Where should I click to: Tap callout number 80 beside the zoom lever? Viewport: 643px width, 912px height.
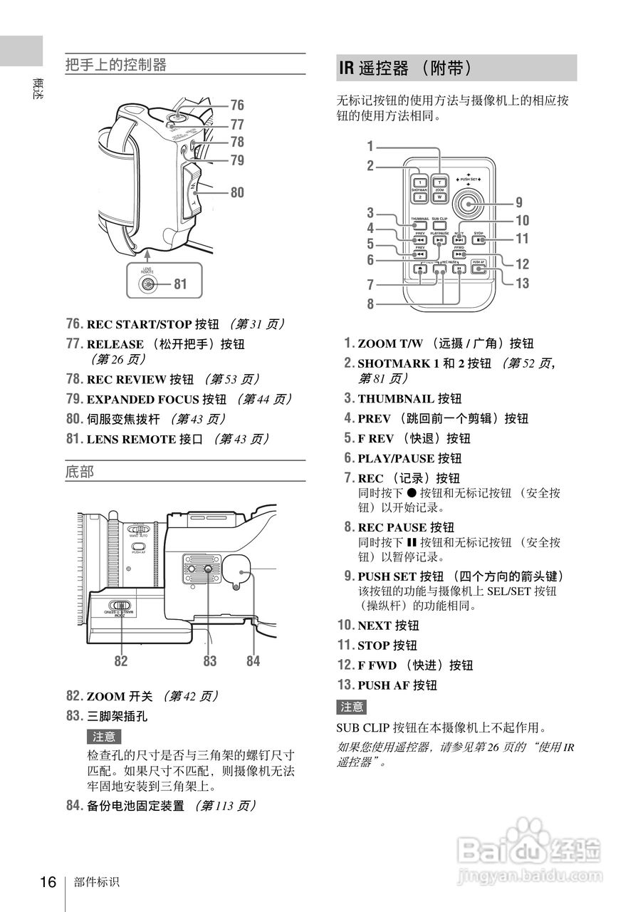[x=236, y=192]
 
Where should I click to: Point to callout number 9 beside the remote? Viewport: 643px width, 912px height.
[x=519, y=202]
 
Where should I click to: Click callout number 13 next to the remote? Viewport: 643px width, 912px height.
[x=522, y=283]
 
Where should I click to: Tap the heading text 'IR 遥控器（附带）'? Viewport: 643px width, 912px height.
[x=405, y=68]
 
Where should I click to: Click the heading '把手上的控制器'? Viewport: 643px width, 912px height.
[x=116, y=66]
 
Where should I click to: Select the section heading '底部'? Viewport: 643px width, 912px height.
[x=80, y=472]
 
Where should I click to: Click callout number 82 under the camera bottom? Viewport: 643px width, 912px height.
[x=121, y=661]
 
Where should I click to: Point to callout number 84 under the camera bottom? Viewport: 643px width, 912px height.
[x=253, y=661]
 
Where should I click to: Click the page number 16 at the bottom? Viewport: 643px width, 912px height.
[x=48, y=882]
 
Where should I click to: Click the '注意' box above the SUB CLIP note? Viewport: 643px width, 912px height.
[x=352, y=707]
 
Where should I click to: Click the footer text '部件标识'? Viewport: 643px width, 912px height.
[x=96, y=883]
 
